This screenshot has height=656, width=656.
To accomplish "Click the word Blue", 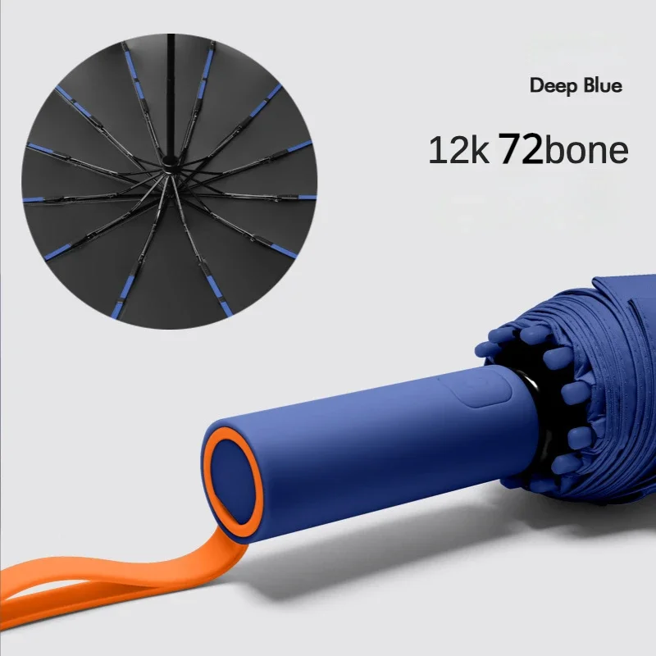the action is tap(603, 85).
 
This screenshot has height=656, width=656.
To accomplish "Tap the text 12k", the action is tap(458, 150).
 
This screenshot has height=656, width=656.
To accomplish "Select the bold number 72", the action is tap(521, 148).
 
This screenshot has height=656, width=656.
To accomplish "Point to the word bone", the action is tap(585, 149).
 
